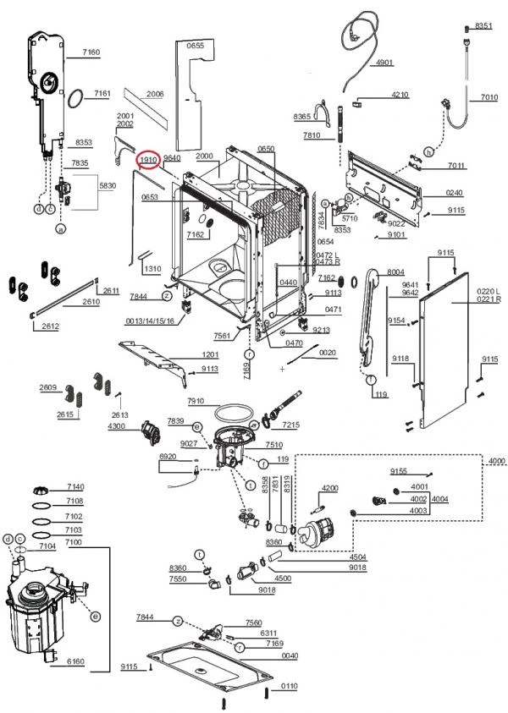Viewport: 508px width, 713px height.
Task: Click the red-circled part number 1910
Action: (x=150, y=159)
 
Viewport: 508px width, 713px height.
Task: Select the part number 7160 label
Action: (x=91, y=52)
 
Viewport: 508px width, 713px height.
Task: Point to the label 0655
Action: (x=196, y=45)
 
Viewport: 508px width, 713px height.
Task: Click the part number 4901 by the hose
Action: (x=384, y=62)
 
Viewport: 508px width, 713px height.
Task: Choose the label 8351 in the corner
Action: (x=483, y=26)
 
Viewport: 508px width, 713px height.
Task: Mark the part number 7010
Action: (x=489, y=98)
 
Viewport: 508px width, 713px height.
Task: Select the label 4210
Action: (x=400, y=95)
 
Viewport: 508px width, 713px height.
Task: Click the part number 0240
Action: (x=455, y=193)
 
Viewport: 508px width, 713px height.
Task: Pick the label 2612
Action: (x=50, y=326)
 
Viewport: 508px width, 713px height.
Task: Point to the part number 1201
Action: (x=210, y=354)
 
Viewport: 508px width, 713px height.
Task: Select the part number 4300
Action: (x=117, y=425)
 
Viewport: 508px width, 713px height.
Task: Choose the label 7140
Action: (x=75, y=487)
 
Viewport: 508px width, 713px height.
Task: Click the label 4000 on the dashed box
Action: (x=495, y=460)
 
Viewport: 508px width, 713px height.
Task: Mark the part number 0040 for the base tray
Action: (x=290, y=655)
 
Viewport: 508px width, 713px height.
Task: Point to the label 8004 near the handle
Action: (x=395, y=271)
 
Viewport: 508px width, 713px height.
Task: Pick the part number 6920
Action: (x=168, y=457)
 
